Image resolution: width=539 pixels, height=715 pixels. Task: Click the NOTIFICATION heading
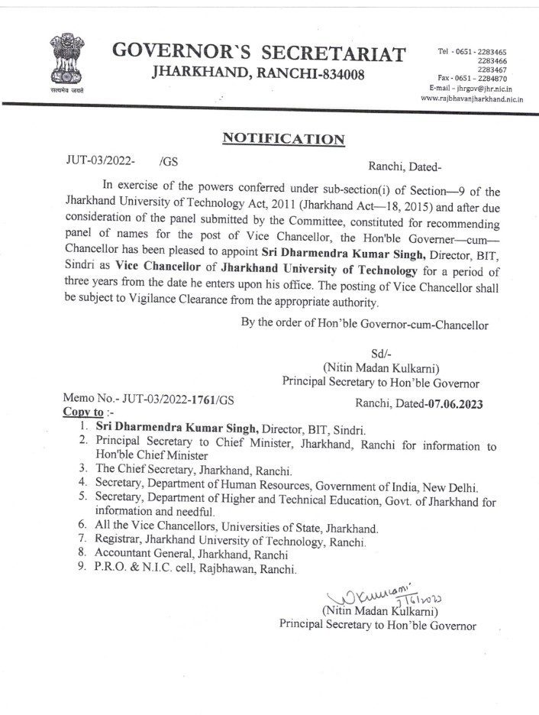[x=283, y=138]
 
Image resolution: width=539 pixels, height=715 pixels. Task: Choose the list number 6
[x=83, y=527]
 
